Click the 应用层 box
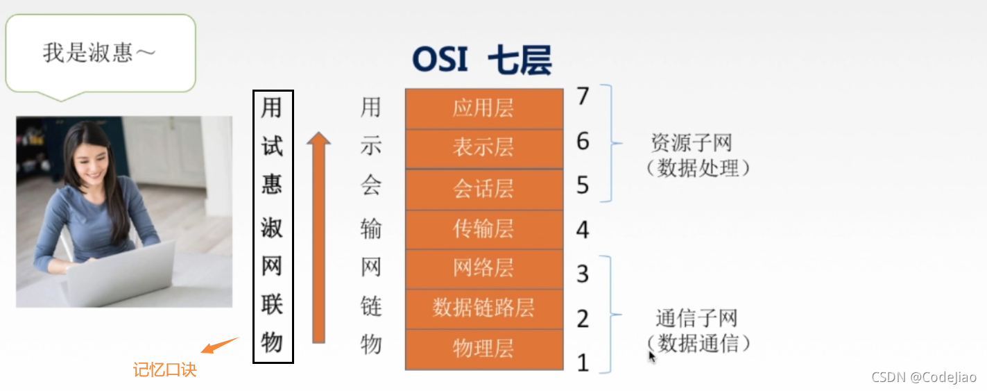tap(483, 108)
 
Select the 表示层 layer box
tap(483, 148)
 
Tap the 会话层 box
tap(483, 189)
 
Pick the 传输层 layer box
tap(483, 229)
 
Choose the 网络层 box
tap(483, 268)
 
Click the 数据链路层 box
tap(483, 308)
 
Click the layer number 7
tap(583, 97)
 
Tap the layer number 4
tap(583, 230)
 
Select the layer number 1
tap(583, 362)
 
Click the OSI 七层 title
tap(482, 60)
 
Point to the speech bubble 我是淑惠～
tap(99, 53)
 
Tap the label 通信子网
tap(696, 319)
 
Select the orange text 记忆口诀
tap(164, 369)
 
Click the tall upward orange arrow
tap(318, 236)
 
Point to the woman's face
tap(93, 157)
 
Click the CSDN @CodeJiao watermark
tap(924, 377)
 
